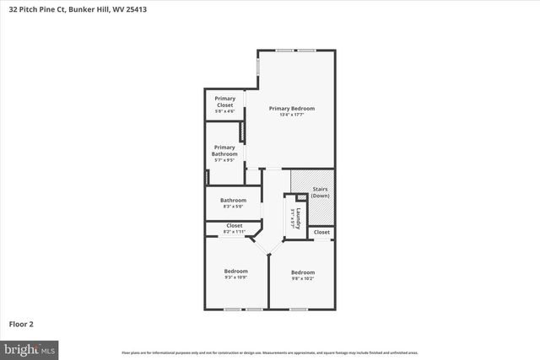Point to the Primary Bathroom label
pos(224,151)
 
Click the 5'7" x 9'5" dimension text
pos(224,160)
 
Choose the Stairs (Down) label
pos(320,192)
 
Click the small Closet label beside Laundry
pos(322,232)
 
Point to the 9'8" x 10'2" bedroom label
pos(302,274)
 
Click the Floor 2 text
pos(22,323)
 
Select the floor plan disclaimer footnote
pos(269,352)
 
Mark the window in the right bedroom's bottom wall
pos(299,309)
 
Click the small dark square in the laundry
pos(301,197)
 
